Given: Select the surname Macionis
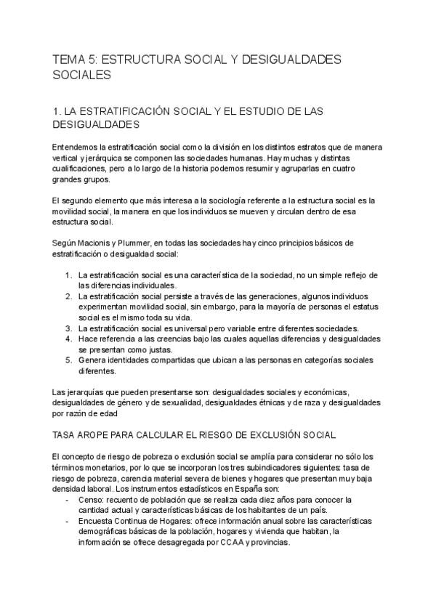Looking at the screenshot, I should (97, 242).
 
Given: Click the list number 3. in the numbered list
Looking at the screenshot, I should (68, 328).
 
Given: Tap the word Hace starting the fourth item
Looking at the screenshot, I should (88, 338).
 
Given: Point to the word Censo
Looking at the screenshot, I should (92, 500).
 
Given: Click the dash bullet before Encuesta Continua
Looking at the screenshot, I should (68, 521).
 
